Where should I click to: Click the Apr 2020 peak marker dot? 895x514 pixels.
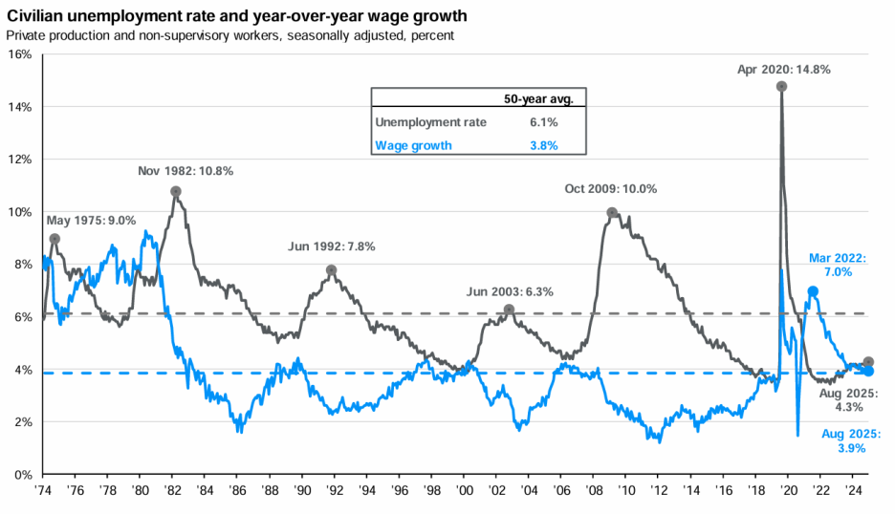coord(782,86)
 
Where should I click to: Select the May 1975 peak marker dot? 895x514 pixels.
coord(55,239)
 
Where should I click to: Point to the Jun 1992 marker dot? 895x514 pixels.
coord(332,270)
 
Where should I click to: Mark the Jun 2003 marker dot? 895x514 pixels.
coord(510,310)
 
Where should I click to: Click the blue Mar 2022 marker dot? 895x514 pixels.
coord(813,291)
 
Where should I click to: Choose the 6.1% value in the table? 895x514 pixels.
coord(544,122)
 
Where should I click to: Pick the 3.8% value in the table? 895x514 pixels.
coord(544,145)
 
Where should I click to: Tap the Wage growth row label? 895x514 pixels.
coord(413,145)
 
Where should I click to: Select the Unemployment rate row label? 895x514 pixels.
coord(430,122)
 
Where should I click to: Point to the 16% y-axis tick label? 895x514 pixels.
coord(20,54)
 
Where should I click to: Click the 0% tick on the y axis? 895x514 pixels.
coord(24,475)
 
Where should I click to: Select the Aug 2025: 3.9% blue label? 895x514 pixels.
coord(846,440)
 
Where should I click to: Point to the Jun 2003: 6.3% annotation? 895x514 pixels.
coord(510,291)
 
